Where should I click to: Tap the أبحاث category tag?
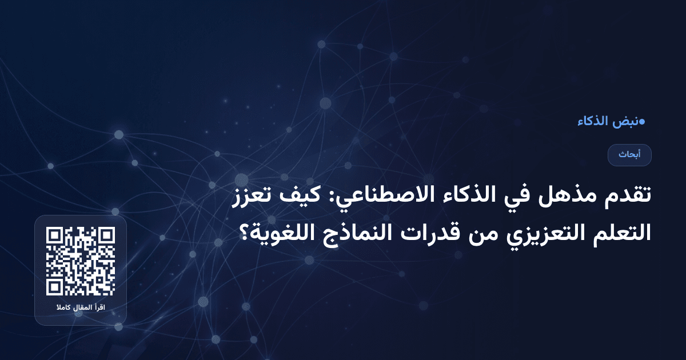click(629, 155)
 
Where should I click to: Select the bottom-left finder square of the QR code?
click(55, 287)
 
